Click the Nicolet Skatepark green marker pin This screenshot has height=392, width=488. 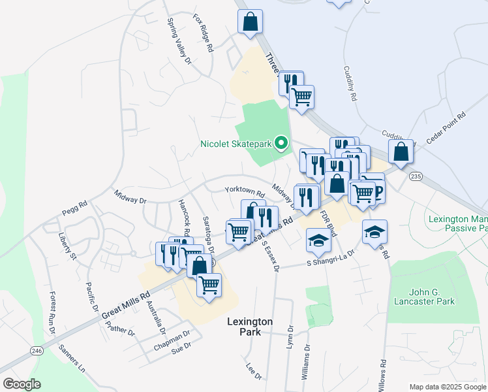[x=282, y=142]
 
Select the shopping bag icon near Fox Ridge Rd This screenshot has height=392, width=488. [x=251, y=22]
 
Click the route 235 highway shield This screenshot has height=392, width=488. [x=416, y=176]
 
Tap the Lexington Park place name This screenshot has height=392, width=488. [x=250, y=327]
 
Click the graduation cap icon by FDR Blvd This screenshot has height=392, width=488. [x=318, y=241]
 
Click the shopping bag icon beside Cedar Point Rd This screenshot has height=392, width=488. [x=401, y=152]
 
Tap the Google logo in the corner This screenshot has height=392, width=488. [x=22, y=384]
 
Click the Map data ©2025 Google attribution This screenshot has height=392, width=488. [x=448, y=387]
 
